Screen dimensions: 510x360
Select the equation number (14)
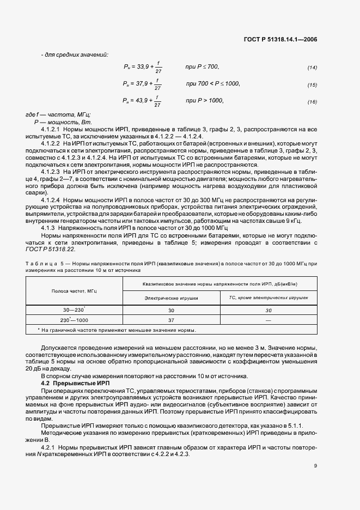tap(313, 68)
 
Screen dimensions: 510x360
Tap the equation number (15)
tap(313, 84)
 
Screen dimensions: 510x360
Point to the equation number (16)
tap(313, 102)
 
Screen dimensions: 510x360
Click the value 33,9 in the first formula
tap(143, 66)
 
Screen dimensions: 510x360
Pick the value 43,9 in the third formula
tap(143, 101)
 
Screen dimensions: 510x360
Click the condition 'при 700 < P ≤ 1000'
tap(213, 83)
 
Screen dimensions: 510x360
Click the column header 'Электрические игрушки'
tap(170, 299)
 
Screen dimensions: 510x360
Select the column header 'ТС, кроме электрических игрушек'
tap(268, 299)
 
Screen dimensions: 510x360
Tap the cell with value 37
tap(171, 320)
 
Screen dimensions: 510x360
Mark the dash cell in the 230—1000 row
tap(268, 320)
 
